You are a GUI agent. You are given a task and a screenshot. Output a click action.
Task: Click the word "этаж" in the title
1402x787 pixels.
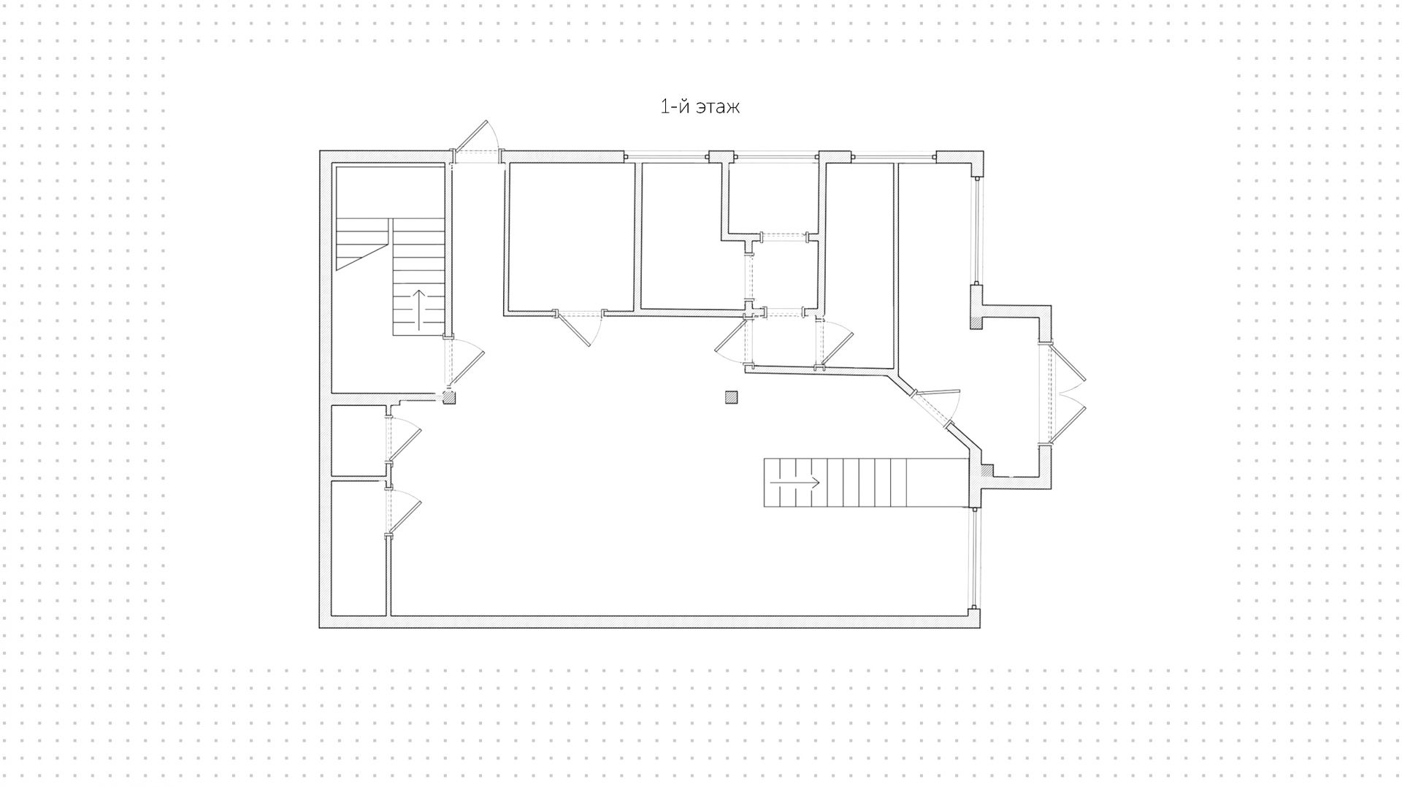717,107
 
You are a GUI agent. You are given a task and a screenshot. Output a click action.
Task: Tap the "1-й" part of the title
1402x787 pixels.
675,107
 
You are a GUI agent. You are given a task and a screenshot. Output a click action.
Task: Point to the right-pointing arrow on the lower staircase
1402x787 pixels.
795,483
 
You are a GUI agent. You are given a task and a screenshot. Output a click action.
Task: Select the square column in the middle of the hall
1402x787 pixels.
731,397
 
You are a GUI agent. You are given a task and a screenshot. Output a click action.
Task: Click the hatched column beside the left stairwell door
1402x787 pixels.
449,397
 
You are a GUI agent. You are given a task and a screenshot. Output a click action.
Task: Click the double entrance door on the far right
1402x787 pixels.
1068,394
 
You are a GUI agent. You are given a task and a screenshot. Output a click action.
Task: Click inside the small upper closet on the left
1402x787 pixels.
359,440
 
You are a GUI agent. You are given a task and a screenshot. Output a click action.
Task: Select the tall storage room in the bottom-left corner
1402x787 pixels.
359,548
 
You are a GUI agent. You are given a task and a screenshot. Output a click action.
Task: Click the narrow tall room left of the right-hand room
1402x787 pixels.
859,263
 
